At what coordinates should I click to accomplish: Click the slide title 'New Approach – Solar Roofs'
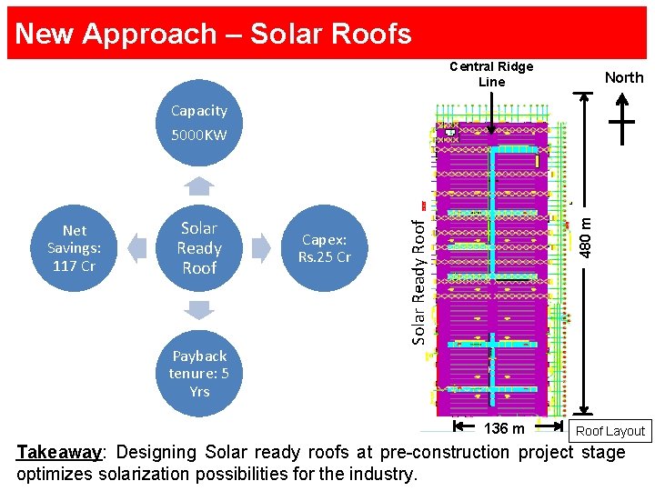click(213, 34)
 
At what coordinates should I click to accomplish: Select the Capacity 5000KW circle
click(199, 123)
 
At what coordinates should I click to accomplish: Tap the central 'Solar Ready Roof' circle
click(199, 248)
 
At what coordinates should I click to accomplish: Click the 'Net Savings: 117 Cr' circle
click(75, 248)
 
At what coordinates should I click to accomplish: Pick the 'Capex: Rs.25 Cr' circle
click(325, 248)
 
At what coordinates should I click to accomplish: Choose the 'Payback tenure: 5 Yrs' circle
click(199, 373)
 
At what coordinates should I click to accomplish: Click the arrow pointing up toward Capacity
click(199, 186)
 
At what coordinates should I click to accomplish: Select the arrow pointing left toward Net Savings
click(136, 248)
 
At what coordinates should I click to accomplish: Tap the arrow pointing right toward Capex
click(261, 248)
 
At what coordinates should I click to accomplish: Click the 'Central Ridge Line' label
click(491, 74)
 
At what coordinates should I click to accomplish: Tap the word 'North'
click(624, 77)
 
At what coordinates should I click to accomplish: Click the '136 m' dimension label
click(504, 428)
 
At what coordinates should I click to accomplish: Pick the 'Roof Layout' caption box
click(610, 431)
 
